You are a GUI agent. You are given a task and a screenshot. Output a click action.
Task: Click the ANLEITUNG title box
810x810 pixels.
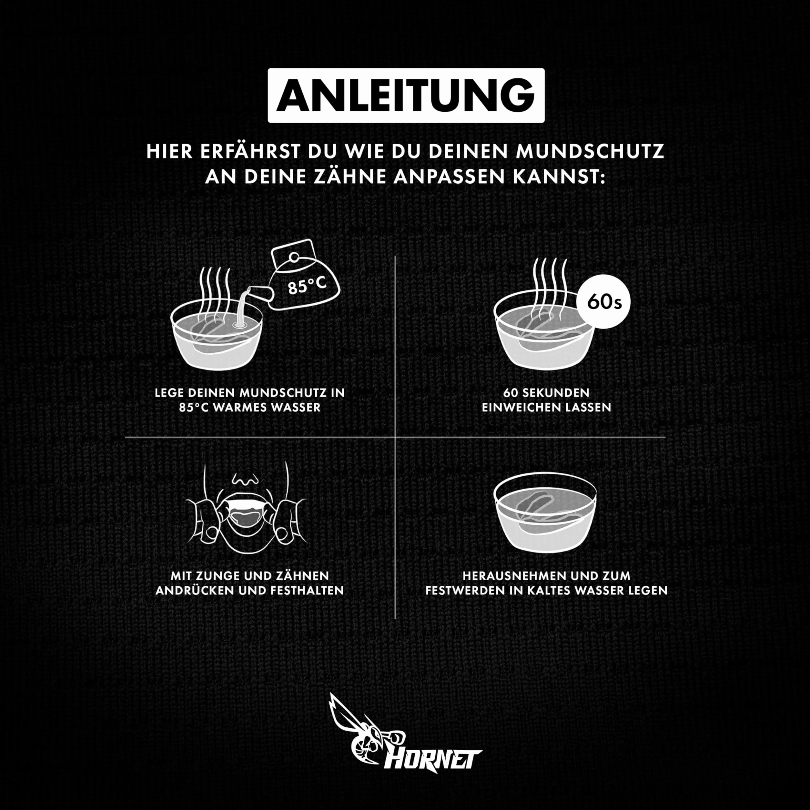click(x=406, y=96)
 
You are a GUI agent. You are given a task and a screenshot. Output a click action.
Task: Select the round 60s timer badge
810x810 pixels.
click(x=604, y=301)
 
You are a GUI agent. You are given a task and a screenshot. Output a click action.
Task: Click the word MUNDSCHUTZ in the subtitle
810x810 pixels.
click(x=590, y=152)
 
